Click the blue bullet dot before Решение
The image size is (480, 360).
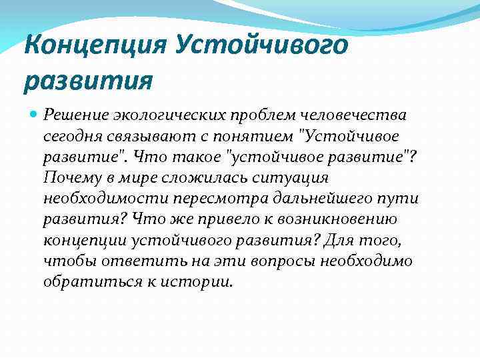click(34, 116)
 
